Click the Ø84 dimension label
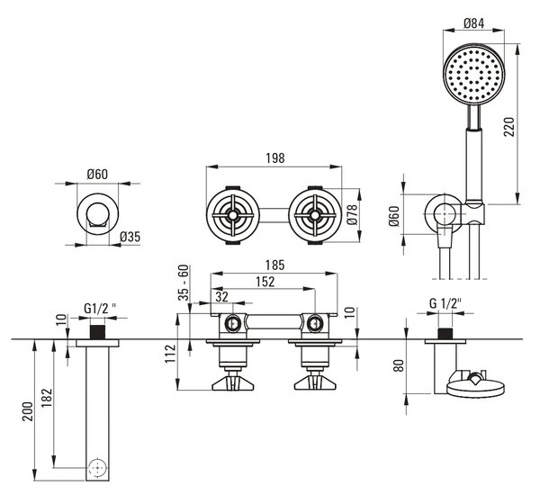pyautogui.click(x=473, y=23)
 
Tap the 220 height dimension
pyautogui.click(x=509, y=127)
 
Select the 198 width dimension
pyautogui.click(x=275, y=158)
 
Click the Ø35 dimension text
pyautogui.click(x=130, y=237)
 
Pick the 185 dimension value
pyautogui.click(x=274, y=265)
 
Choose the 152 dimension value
pyautogui.click(x=265, y=282)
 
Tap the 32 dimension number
pyautogui.click(x=221, y=297)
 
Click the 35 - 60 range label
pyautogui.click(x=184, y=283)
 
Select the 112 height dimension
pyautogui.click(x=170, y=354)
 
